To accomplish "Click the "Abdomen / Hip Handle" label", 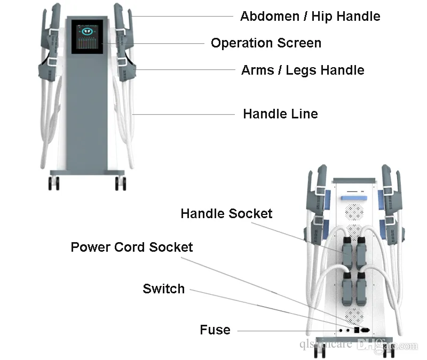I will [310, 16].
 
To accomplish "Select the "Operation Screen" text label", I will [266, 43].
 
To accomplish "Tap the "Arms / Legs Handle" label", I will [303, 70].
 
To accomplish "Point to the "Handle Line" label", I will [280, 114].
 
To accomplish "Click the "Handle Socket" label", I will [226, 214].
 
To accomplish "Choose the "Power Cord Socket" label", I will [132, 247].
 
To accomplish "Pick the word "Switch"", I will [163, 289].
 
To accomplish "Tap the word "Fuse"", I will [215, 330].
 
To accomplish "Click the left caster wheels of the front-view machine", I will [54, 183].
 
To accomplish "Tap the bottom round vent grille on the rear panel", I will [354, 314].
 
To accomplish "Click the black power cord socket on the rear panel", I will [366, 330].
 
